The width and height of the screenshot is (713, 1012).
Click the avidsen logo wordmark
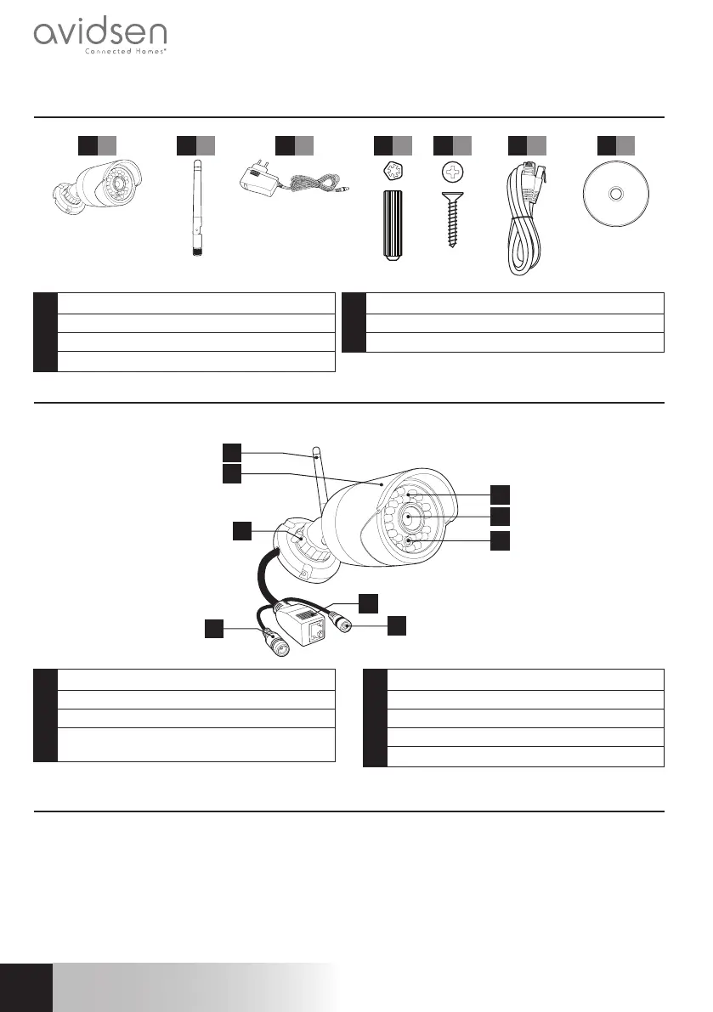click(x=100, y=35)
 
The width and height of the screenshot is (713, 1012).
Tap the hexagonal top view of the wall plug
click(x=393, y=172)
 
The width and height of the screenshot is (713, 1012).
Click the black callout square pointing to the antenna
click(x=232, y=450)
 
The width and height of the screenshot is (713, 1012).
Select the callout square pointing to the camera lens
click(x=500, y=516)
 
